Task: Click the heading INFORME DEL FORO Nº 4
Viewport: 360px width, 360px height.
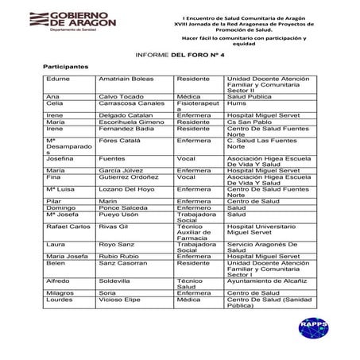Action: (180, 55)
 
